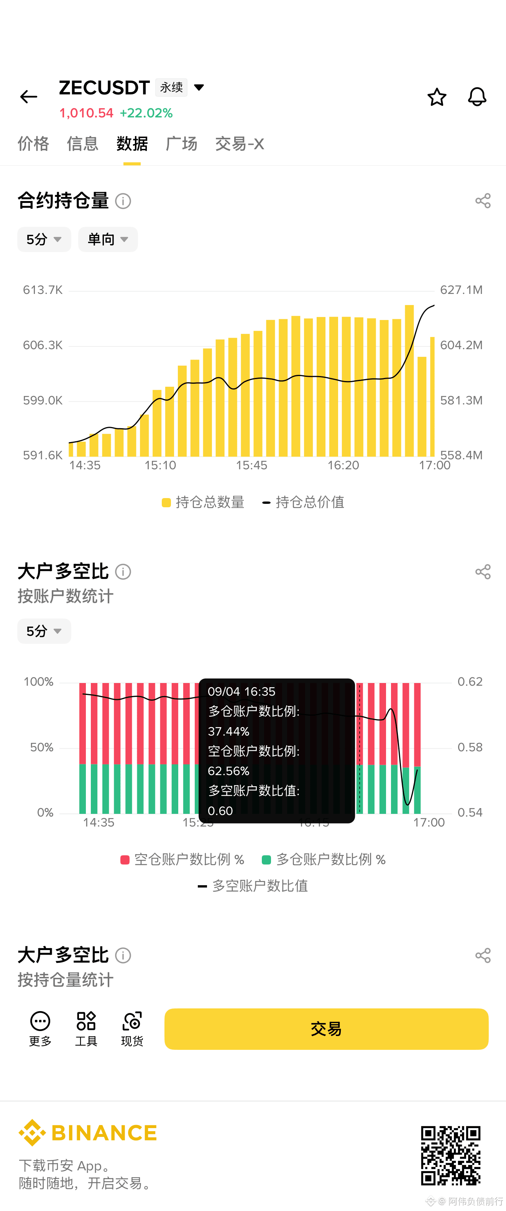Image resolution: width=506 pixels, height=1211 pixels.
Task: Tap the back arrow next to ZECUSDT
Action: (29, 97)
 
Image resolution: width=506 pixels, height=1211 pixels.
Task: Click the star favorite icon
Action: (437, 97)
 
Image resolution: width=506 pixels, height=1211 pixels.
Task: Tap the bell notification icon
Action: (477, 97)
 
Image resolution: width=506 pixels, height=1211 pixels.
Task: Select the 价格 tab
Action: (33, 144)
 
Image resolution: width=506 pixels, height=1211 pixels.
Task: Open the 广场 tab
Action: (181, 144)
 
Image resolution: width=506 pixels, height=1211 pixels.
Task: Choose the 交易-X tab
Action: (240, 144)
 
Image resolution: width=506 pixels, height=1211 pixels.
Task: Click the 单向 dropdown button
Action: (108, 239)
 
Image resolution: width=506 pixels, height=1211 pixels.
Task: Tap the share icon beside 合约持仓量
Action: (483, 201)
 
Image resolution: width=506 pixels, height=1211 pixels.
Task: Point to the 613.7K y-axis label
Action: (43, 290)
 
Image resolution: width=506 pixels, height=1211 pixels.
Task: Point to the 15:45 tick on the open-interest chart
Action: (251, 465)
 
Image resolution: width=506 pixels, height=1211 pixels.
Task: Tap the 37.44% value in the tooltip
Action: (229, 731)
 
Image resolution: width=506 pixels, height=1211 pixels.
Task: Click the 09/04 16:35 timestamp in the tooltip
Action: (242, 691)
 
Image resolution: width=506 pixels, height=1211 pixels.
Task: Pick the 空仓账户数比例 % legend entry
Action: (182, 860)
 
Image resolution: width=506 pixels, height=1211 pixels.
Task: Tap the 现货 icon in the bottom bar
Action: (132, 1029)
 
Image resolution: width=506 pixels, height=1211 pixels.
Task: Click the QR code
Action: (450, 1155)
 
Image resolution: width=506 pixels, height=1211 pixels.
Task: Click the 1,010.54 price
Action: (87, 113)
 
